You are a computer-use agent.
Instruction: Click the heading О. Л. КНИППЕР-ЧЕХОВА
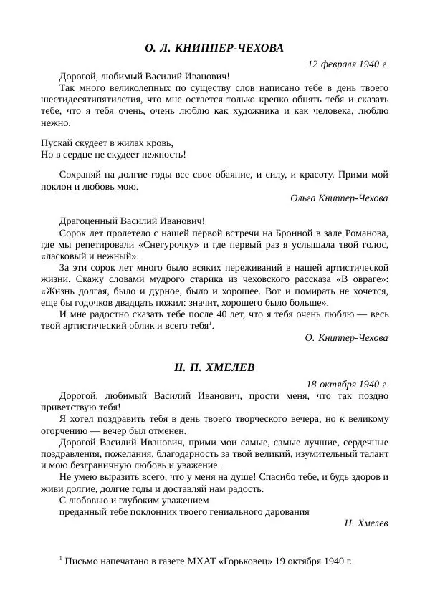pyautogui.click(x=214, y=48)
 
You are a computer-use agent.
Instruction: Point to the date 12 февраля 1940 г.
pyautogui.click(x=348, y=64)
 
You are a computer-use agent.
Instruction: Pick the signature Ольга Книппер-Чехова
pyautogui.click(x=340, y=198)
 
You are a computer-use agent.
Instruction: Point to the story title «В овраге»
pyautogui.click(x=368, y=280)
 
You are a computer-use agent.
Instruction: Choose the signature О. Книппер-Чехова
pyautogui.click(x=346, y=337)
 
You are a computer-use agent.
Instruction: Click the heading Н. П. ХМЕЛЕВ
pyautogui.click(x=214, y=367)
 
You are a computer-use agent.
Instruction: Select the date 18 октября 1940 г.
pyautogui.click(x=348, y=384)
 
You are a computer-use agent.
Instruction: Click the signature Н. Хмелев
pyautogui.click(x=366, y=523)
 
